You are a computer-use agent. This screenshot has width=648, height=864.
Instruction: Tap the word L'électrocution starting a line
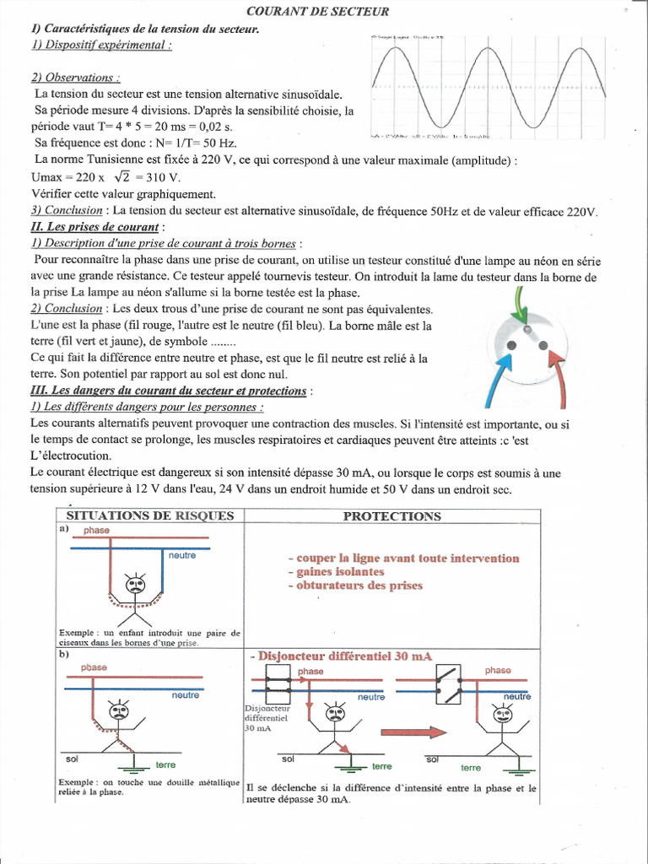click(64, 456)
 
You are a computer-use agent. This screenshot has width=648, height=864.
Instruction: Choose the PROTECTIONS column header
click(391, 516)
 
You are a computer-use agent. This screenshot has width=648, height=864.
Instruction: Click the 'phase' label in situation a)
click(96, 530)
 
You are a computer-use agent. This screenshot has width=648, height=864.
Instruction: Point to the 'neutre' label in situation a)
click(183, 555)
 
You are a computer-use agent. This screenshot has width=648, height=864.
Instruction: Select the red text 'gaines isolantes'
click(335, 572)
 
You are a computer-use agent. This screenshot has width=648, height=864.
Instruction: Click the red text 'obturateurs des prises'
click(354, 586)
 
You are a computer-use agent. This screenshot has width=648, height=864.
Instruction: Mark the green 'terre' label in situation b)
click(166, 764)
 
